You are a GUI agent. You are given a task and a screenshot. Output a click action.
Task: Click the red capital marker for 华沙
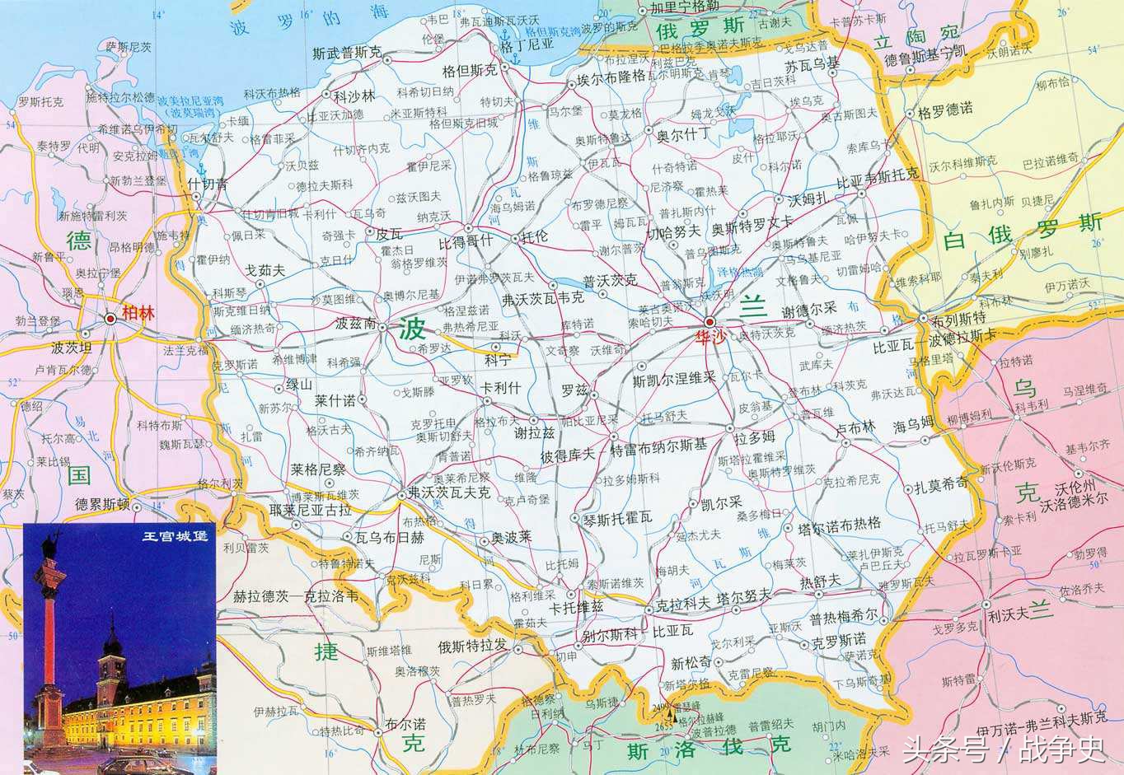click(710, 321)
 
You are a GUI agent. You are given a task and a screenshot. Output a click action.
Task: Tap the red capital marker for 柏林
click(110, 317)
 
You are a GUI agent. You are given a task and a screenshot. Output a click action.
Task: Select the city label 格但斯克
click(470, 71)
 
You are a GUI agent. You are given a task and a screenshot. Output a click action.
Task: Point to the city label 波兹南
click(356, 324)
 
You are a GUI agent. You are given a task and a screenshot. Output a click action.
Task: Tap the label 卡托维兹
click(577, 607)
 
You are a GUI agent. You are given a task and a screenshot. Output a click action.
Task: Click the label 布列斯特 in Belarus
click(958, 318)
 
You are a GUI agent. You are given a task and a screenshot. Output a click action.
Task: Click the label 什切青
click(207, 184)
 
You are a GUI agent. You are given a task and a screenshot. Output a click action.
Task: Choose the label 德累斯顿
click(102, 504)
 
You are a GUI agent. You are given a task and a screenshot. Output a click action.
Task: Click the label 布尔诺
click(405, 725)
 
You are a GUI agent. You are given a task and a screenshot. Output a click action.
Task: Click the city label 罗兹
click(574, 389)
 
